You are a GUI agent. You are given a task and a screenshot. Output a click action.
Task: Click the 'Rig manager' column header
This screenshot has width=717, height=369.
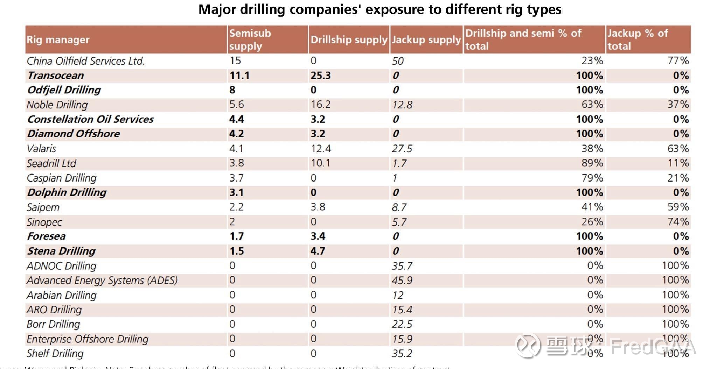pos(58,40)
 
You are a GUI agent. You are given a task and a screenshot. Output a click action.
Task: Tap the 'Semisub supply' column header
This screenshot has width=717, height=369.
pos(250,40)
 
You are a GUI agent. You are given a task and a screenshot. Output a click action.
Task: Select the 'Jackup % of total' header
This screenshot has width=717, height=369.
pos(638,40)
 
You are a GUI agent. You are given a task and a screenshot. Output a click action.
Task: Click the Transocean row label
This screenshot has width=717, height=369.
pos(56,76)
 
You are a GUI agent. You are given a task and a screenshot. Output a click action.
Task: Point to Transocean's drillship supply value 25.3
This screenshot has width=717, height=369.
pos(321,76)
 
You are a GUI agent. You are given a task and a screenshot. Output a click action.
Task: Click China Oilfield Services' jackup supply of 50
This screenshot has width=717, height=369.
pos(398,61)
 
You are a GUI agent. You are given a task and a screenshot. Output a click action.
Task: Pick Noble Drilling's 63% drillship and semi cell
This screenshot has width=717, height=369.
pos(592,105)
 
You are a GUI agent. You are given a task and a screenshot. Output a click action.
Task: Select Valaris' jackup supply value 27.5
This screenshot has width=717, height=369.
pos(402,149)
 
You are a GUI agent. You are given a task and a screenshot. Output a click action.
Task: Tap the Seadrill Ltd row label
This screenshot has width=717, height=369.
pos(51,163)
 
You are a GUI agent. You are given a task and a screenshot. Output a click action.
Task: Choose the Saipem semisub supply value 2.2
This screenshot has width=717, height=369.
pos(236,207)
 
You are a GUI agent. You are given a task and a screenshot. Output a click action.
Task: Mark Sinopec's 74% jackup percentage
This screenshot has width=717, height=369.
pos(678,222)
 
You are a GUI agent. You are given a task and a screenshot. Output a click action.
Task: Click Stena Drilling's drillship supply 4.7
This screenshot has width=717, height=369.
pos(318,251)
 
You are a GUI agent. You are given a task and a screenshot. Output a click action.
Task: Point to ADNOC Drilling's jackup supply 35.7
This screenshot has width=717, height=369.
pos(402,266)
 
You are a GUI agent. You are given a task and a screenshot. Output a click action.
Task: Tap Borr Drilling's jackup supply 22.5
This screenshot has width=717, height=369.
pos(402,324)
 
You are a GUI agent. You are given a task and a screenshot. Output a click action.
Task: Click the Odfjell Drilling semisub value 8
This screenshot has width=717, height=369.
pos(232,90)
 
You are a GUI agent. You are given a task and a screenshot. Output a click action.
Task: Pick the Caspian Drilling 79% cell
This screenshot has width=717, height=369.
pos(592,178)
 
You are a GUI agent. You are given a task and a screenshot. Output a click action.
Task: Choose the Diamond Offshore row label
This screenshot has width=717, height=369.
pos(74,134)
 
